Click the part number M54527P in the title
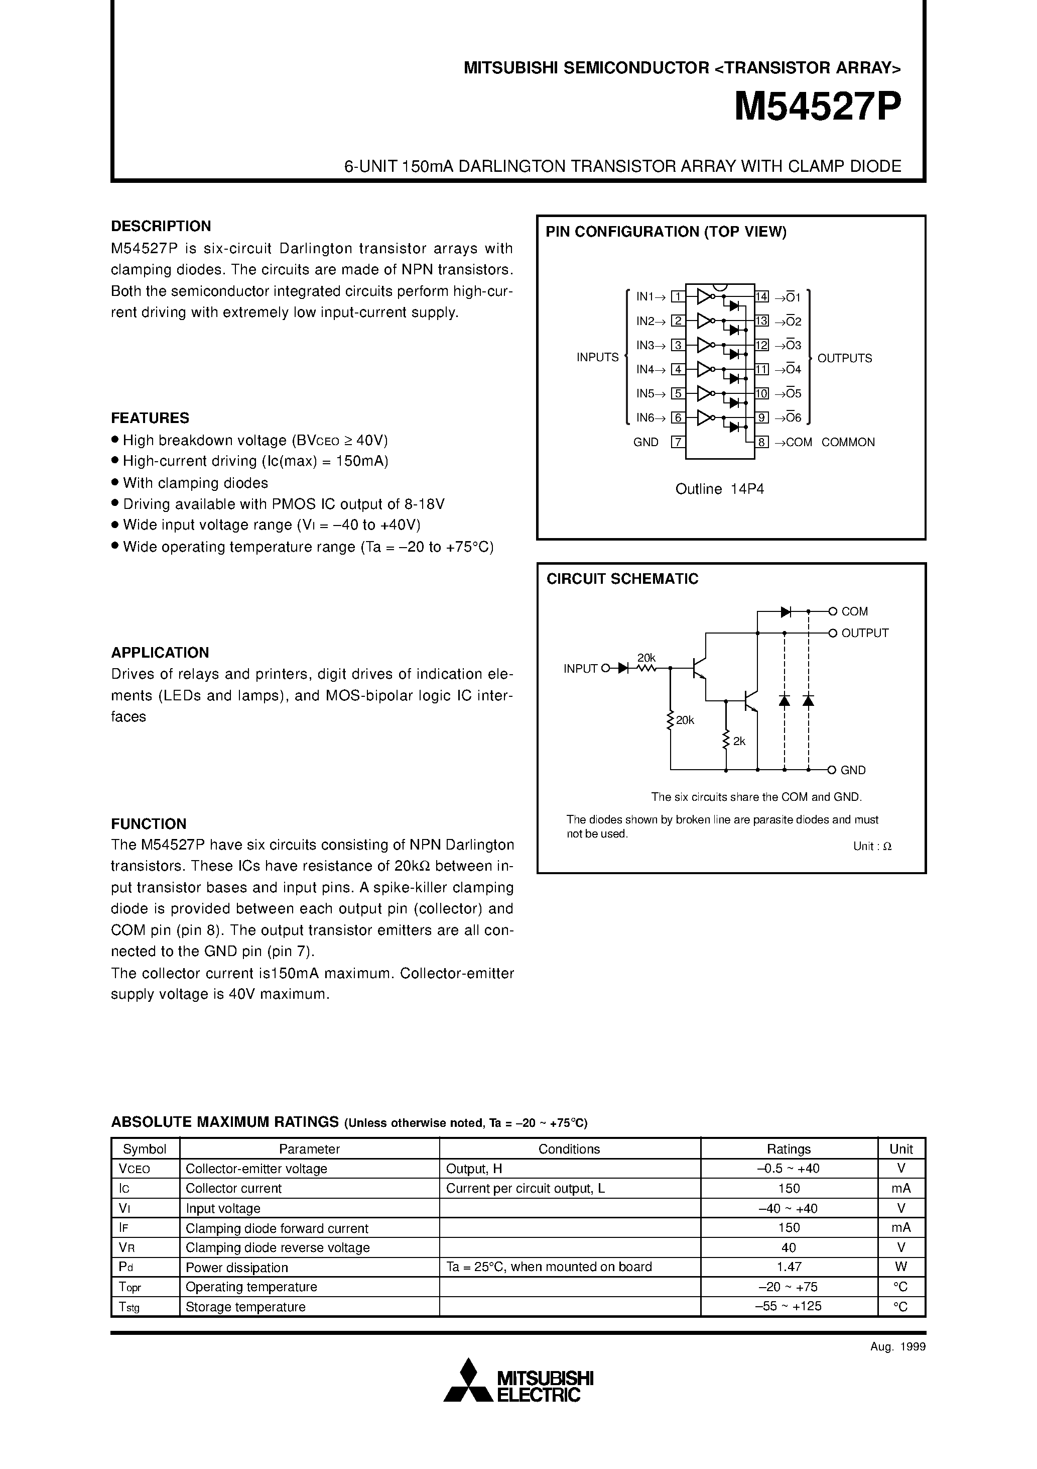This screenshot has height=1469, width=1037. (x=818, y=107)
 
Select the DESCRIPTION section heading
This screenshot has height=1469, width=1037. (x=161, y=226)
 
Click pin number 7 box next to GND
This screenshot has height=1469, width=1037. (x=678, y=442)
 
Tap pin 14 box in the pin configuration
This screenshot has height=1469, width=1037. (x=762, y=297)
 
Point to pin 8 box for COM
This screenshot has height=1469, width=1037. (x=762, y=442)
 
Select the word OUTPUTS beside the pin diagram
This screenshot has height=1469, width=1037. (x=845, y=358)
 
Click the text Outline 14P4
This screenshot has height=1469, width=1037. (x=720, y=489)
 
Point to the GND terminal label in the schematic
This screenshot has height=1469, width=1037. (x=853, y=770)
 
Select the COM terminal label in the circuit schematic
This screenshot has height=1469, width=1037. (x=855, y=611)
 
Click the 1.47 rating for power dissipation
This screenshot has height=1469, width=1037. (x=789, y=1267)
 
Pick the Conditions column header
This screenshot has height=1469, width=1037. (x=569, y=1149)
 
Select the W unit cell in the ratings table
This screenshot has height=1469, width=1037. (x=901, y=1267)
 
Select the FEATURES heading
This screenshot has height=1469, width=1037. (x=150, y=418)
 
